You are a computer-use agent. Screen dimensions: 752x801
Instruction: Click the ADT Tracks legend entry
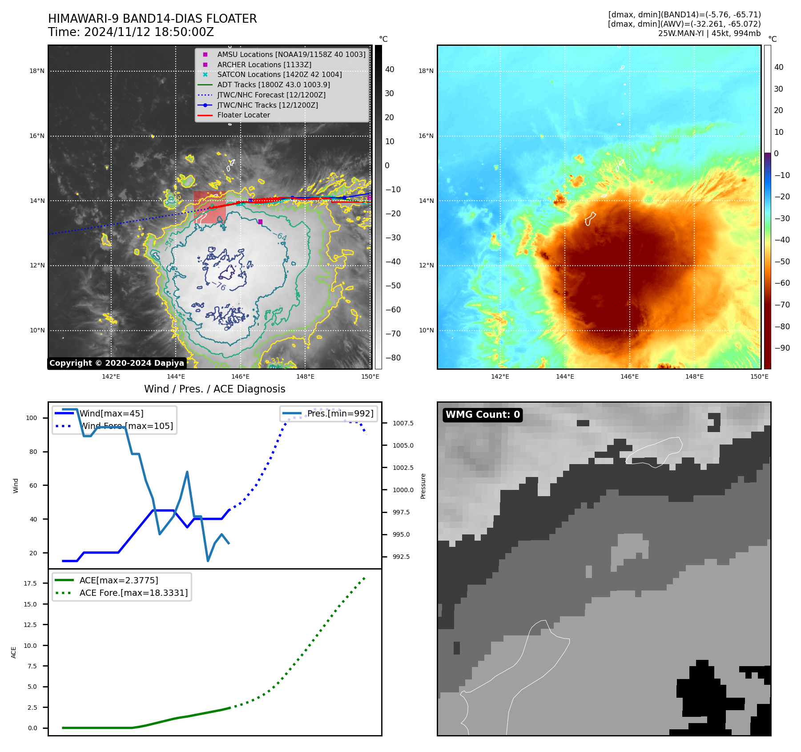[x=274, y=85]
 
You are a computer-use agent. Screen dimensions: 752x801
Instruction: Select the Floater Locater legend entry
[x=243, y=115]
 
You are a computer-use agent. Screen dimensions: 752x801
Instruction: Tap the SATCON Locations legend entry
[x=279, y=74]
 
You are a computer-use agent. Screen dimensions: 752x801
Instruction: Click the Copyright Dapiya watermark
[x=117, y=363]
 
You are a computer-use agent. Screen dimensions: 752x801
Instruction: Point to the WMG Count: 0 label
[x=483, y=415]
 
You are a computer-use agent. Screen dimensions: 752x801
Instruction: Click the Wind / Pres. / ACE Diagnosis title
[x=214, y=389]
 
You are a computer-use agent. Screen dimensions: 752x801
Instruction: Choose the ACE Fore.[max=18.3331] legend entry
[x=133, y=593]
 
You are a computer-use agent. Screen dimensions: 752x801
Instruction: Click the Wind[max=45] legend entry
[x=111, y=413]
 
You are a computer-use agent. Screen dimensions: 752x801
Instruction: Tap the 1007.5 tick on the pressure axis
[x=403, y=423]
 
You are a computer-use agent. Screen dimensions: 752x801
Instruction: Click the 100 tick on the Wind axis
[x=32, y=418]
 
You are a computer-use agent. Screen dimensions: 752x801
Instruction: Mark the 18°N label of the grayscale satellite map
[x=37, y=71]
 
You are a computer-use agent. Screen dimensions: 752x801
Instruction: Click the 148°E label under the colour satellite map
[x=694, y=376]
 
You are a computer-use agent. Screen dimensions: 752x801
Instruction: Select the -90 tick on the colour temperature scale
[x=782, y=348]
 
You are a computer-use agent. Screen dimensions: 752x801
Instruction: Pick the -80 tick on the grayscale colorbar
[x=393, y=358]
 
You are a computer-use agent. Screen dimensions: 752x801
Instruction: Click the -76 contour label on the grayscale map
[x=219, y=286]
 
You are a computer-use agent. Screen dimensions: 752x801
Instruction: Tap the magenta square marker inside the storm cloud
[x=260, y=222]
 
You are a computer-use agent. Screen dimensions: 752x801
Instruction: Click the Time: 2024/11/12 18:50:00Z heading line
[x=131, y=32]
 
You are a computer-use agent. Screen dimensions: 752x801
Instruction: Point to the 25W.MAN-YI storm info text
[x=709, y=33]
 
